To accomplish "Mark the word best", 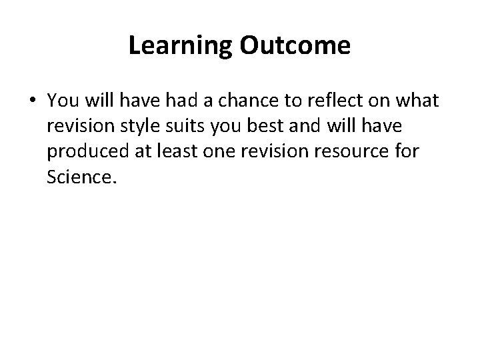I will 261,126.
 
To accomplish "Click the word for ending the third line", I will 401,152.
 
